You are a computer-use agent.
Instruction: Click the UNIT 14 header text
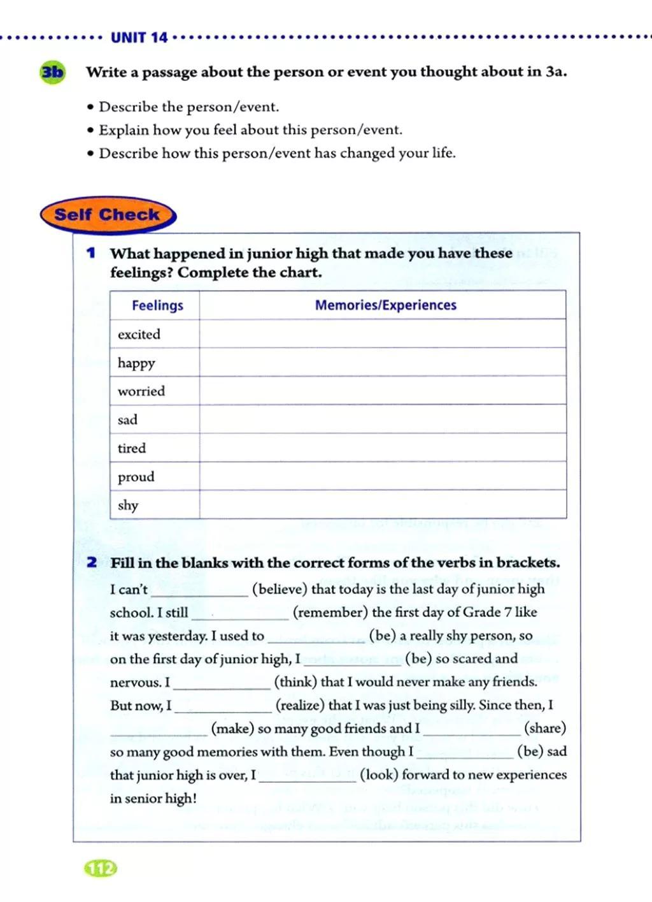pos(139,38)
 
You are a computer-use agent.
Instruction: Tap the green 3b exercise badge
pos(52,72)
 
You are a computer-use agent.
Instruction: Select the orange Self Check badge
pos(107,215)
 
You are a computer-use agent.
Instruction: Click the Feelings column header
pos(157,305)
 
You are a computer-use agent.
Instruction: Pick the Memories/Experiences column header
pos(385,305)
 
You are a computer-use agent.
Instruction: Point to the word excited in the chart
pos(139,334)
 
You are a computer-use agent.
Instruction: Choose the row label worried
pos(141,391)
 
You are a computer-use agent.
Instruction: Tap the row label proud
pos(136,477)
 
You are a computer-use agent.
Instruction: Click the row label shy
pos(127,505)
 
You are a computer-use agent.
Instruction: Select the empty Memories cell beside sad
pos(382,419)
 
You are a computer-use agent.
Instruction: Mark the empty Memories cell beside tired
pos(382,447)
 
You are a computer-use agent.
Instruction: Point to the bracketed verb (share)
pos(544,728)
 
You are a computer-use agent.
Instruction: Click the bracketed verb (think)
pos(295,682)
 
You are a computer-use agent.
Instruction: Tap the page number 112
pos(101,868)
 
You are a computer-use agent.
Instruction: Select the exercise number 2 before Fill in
pos(92,562)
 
